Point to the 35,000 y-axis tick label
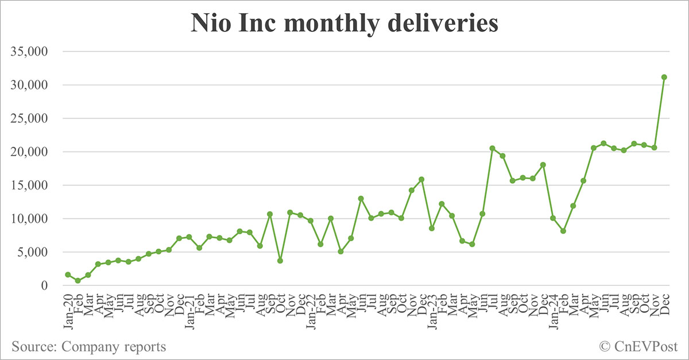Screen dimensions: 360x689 (35, 52)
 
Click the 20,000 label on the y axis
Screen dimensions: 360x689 (35, 152)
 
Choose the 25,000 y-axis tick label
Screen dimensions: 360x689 (35, 119)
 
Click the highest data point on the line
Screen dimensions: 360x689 (664, 77)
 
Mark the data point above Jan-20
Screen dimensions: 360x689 (68, 275)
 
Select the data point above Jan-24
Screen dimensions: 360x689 (553, 218)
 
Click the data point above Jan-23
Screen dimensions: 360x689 (432, 229)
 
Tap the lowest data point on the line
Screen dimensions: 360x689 (78, 281)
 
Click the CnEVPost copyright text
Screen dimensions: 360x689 (638, 346)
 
